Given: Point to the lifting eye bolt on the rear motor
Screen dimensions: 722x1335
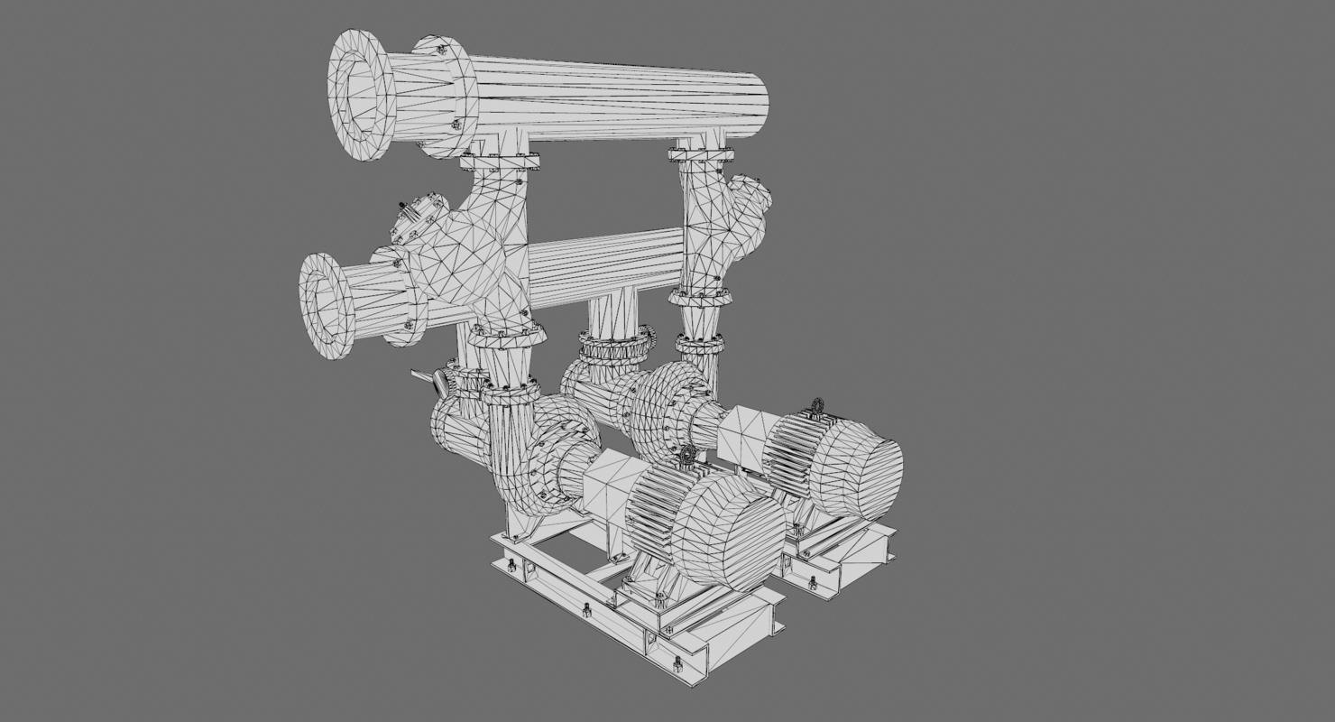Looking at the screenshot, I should coord(818,405).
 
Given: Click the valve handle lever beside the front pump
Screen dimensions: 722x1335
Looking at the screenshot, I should coord(428,383).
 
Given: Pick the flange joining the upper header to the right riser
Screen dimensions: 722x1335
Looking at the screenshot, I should coord(702,154).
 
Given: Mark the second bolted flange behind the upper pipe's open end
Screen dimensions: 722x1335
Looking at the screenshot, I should coord(447,97).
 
